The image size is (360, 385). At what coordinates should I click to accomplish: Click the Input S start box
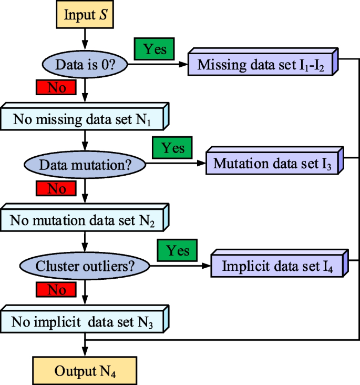click(84, 14)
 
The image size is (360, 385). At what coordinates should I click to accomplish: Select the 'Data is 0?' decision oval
click(84, 65)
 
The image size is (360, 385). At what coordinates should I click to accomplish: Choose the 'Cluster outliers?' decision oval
click(85, 266)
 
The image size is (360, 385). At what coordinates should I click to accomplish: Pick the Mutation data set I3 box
click(272, 163)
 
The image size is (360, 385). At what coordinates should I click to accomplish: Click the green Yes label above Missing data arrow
click(155, 49)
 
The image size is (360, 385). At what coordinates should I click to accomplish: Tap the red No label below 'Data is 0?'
click(56, 87)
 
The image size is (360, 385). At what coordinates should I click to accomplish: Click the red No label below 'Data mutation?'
click(56, 188)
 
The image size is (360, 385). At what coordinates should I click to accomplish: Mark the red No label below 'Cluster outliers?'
click(56, 289)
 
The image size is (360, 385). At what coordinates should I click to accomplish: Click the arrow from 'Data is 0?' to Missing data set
click(158, 65)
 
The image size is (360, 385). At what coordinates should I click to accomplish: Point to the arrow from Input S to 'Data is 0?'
click(84, 39)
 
